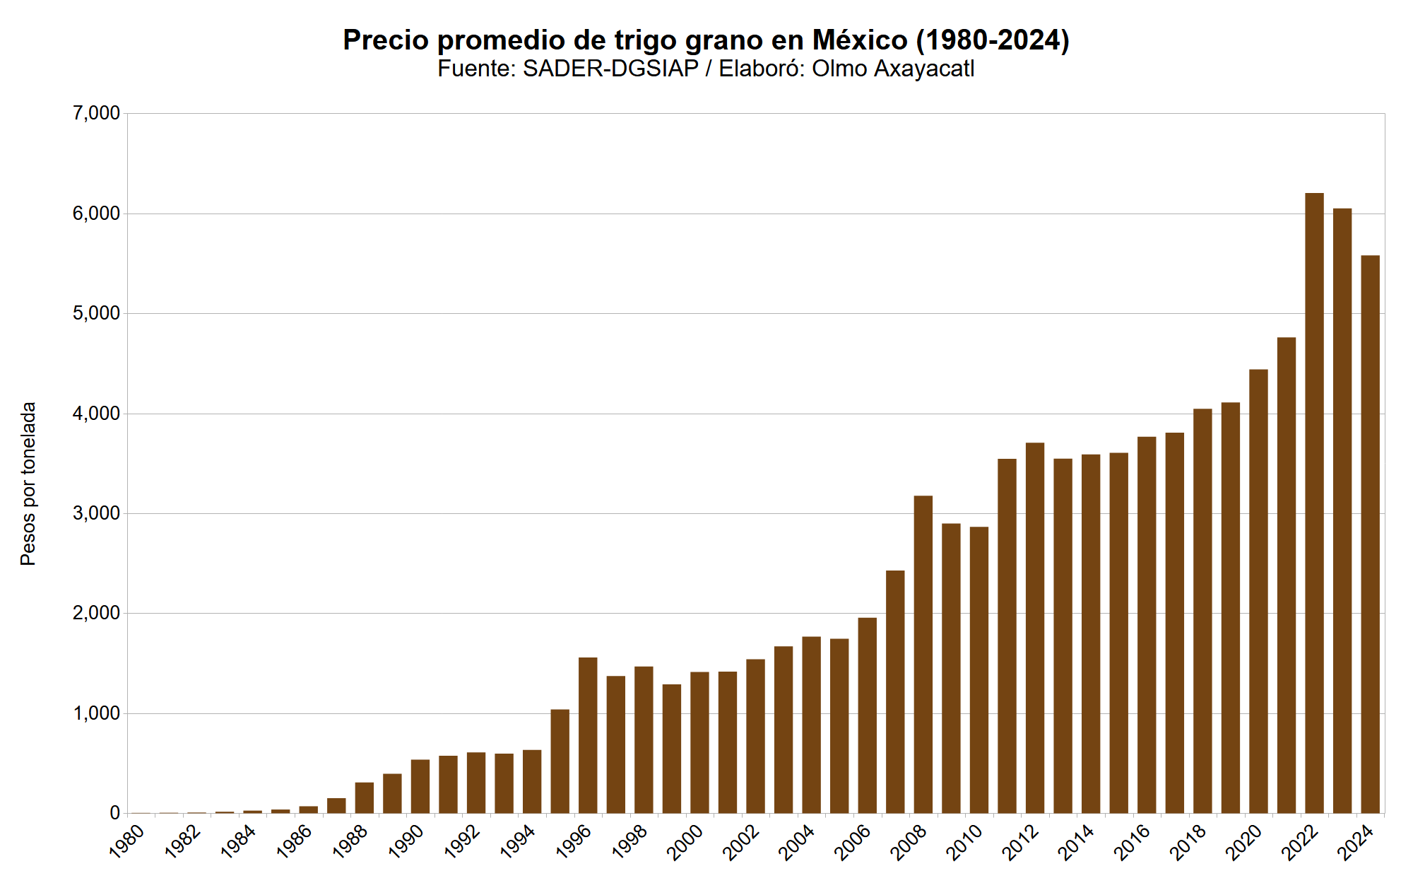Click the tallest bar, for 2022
point(1314,503)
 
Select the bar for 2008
point(923,654)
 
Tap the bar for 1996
point(588,735)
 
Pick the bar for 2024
point(1370,534)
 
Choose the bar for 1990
point(420,786)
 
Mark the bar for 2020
point(1258,591)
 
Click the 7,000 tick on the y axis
point(96,113)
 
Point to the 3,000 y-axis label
point(96,513)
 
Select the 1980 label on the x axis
point(128,842)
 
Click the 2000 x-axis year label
point(686,842)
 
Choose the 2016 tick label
point(1133,842)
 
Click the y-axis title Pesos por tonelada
point(28,484)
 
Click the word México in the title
point(859,40)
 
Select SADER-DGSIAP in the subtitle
point(610,69)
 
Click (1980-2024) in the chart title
point(993,40)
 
